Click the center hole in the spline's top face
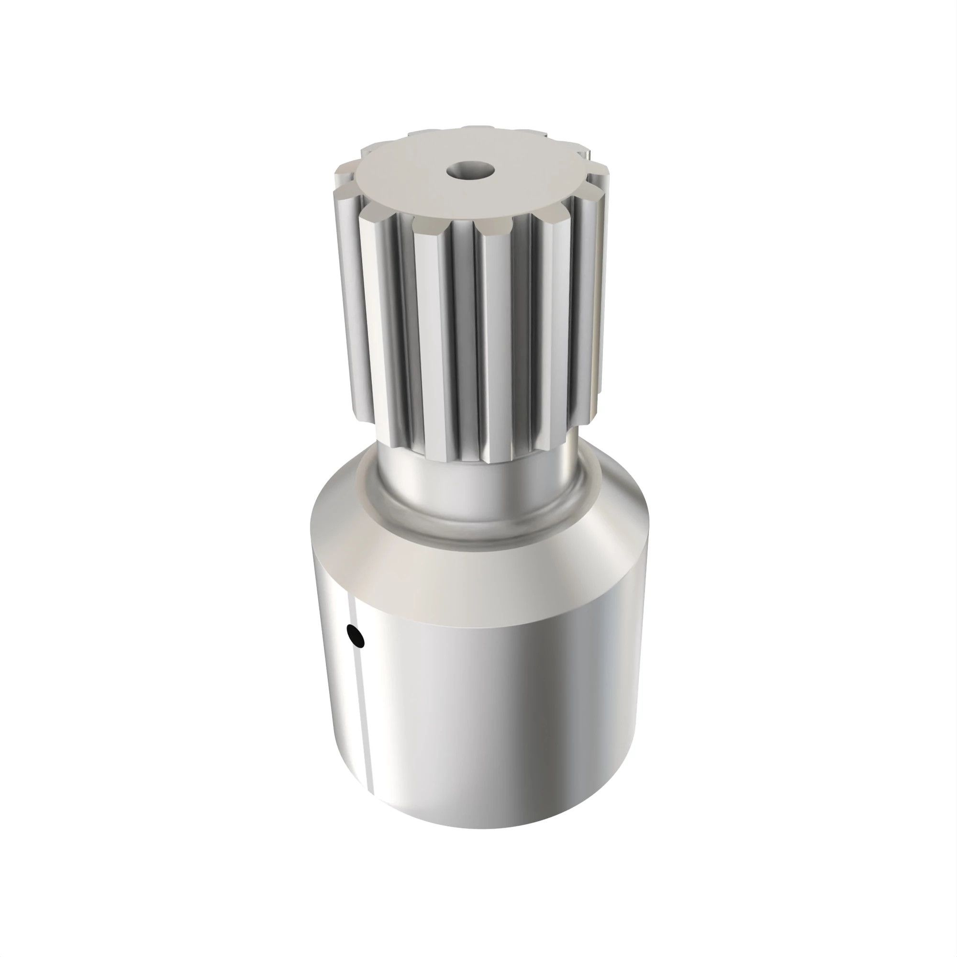pyautogui.click(x=470, y=171)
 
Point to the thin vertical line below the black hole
pyautogui.click(x=364, y=718)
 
